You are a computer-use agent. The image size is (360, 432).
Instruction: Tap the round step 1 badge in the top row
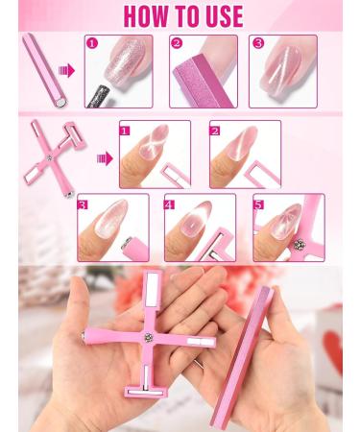point(92,43)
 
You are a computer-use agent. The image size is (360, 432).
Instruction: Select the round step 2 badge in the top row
point(177,43)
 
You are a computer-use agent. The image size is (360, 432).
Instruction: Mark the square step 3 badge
point(84,203)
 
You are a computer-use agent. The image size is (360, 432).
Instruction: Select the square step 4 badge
point(171,203)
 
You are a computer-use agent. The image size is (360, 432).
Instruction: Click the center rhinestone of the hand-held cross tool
point(149,339)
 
